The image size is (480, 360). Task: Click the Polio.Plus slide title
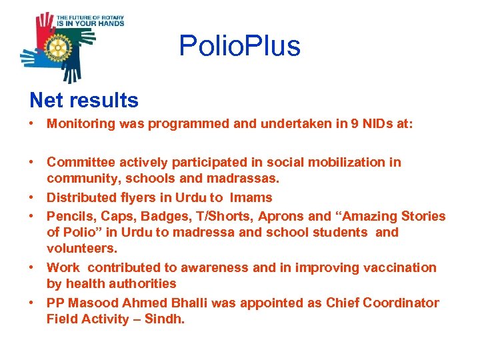239,46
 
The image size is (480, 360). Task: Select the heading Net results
84,100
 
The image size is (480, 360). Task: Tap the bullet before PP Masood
33,303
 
